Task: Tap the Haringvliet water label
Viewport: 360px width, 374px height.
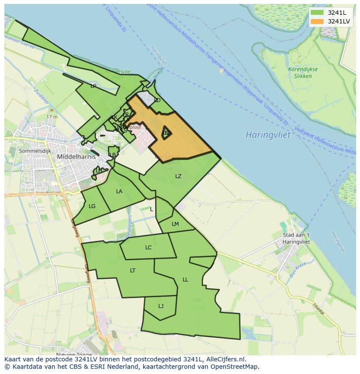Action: [268, 135]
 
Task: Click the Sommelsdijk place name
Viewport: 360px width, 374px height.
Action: [35, 151]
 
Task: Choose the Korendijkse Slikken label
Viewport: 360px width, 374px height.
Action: [303, 73]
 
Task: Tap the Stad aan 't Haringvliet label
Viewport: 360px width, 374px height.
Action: [296, 238]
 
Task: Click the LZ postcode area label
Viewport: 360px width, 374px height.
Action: [178, 176]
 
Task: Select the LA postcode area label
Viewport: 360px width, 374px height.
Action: [119, 192]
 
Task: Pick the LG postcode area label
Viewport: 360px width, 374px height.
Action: [92, 206]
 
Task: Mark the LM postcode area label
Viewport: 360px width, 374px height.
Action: [175, 224]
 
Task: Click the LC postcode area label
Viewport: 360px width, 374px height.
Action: [148, 248]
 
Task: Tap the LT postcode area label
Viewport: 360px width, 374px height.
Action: [133, 271]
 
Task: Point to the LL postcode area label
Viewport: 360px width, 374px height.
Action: [185, 280]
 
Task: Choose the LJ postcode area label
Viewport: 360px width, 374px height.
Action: [161, 306]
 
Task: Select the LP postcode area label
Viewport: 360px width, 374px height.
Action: [93, 86]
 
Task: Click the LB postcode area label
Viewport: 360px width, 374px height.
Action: [113, 155]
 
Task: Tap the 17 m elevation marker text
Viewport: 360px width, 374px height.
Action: [52, 117]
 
